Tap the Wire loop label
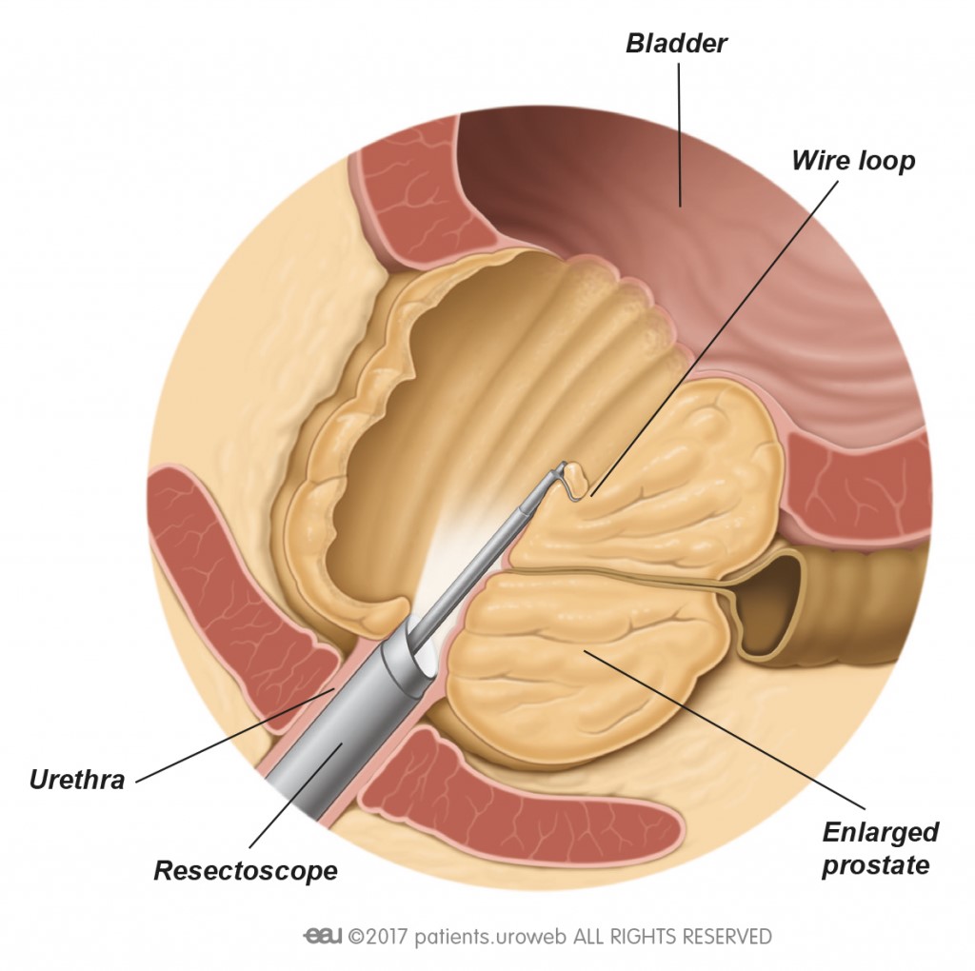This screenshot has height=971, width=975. click(852, 160)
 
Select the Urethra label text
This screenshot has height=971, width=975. click(77, 780)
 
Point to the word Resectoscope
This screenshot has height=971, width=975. click(246, 870)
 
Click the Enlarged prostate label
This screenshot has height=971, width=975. click(880, 848)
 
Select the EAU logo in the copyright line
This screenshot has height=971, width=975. click(322, 936)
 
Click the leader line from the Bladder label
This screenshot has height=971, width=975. click(679, 133)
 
